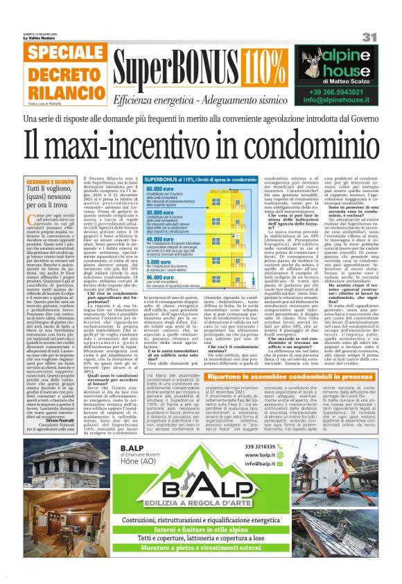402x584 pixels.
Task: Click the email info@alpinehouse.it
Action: (x=344, y=101)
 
